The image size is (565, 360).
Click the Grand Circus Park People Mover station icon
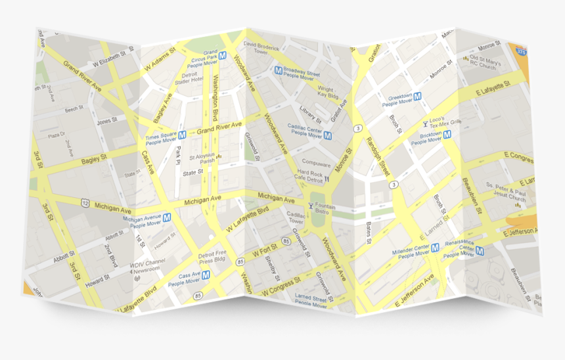pyautogui.click(x=223, y=56)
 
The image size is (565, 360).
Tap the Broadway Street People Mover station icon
pyautogui.click(x=279, y=70)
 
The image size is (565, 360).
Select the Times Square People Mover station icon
pyautogui.click(x=183, y=135)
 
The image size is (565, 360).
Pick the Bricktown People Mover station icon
pyautogui.click(x=447, y=135)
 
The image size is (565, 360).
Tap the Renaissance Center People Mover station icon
pyautogui.click(x=480, y=251)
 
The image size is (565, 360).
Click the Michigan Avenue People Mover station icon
pyautogui.click(x=167, y=217)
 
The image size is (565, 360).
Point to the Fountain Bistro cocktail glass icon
pyautogui.click(x=311, y=206)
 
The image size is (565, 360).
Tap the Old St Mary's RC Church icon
pyautogui.click(x=465, y=58)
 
